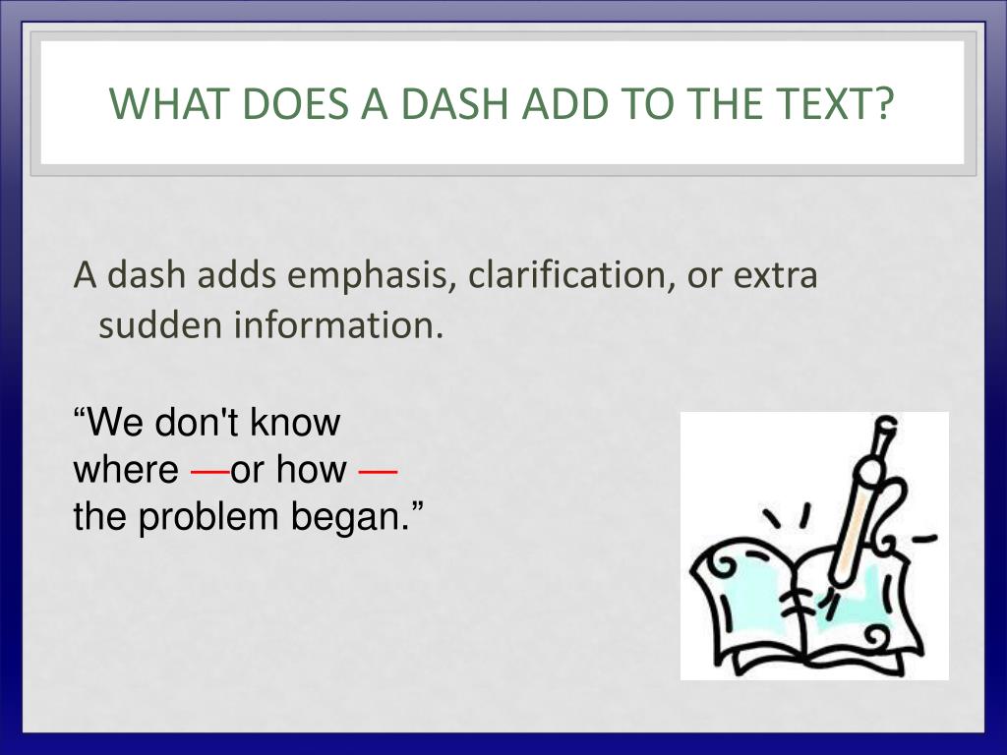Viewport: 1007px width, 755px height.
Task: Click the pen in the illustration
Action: click(x=858, y=501)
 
